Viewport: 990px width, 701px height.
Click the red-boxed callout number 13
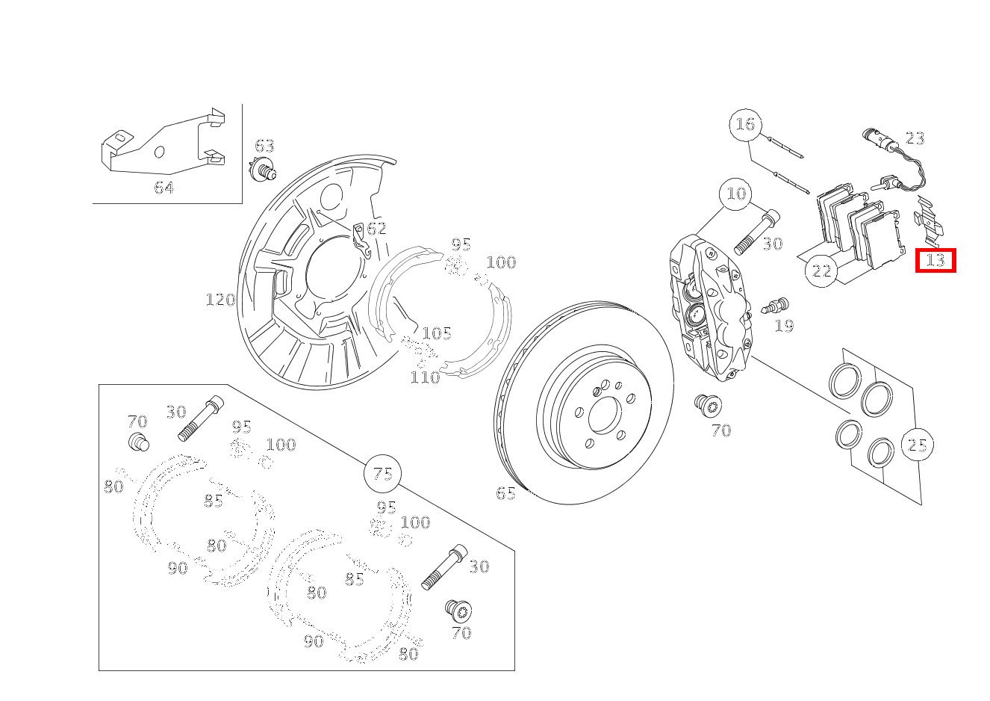935,260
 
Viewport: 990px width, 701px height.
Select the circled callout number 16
745,123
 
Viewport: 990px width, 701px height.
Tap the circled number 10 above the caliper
736,194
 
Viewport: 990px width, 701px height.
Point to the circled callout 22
821,271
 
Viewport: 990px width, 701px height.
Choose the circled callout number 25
917,445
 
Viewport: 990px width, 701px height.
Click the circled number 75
382,474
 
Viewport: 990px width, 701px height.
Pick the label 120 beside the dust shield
220,300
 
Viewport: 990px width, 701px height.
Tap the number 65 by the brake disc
505,493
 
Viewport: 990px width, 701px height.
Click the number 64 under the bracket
164,188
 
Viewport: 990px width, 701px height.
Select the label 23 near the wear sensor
915,138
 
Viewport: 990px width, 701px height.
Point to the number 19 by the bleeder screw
784,326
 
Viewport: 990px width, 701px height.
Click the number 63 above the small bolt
264,146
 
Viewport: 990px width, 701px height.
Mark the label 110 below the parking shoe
425,377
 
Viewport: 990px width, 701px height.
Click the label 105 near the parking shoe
437,333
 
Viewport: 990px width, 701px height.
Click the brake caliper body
709,306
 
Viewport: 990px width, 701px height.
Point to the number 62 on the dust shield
376,229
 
